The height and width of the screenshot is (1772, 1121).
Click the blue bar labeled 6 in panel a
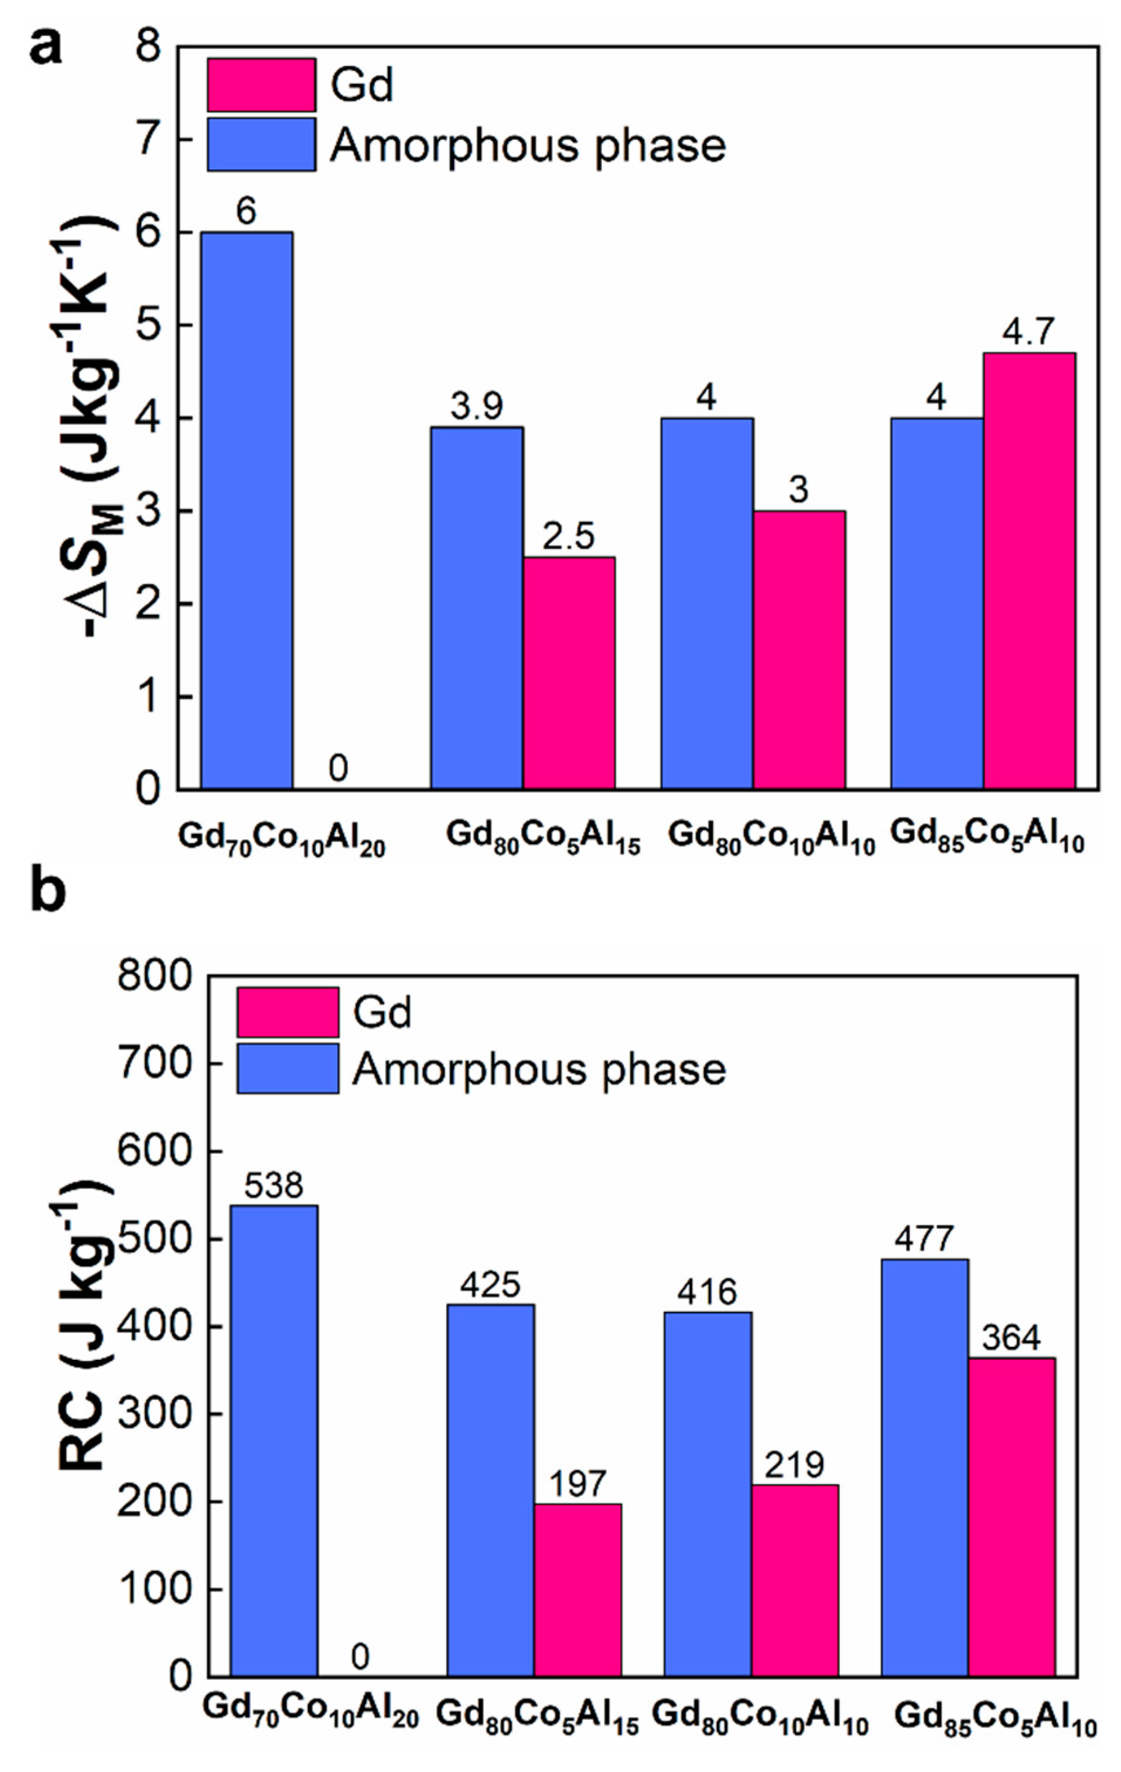pos(247,510)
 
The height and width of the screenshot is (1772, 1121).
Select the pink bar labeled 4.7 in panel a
pos(1029,570)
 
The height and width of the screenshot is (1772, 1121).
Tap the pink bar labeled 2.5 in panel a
pos(569,673)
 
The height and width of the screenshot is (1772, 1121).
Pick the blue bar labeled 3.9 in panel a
pos(477,607)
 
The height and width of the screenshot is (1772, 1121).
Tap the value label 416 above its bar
pos(708,1291)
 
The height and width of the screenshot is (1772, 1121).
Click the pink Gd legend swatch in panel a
pos(261,85)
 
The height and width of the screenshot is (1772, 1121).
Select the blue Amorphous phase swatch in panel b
pos(288,1068)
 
